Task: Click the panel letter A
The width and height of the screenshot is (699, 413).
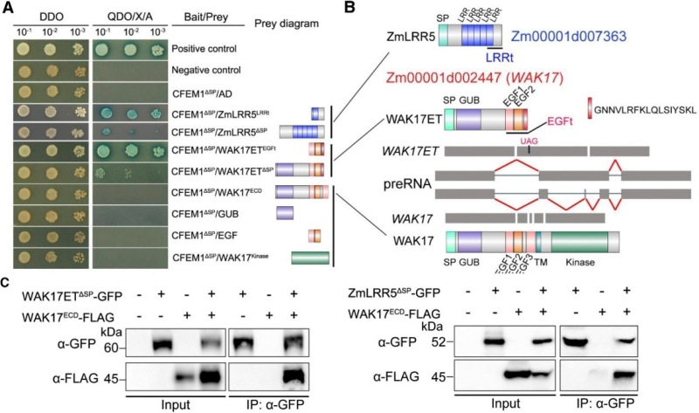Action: [8, 8]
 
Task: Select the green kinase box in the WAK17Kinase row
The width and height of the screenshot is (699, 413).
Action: [310, 257]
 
